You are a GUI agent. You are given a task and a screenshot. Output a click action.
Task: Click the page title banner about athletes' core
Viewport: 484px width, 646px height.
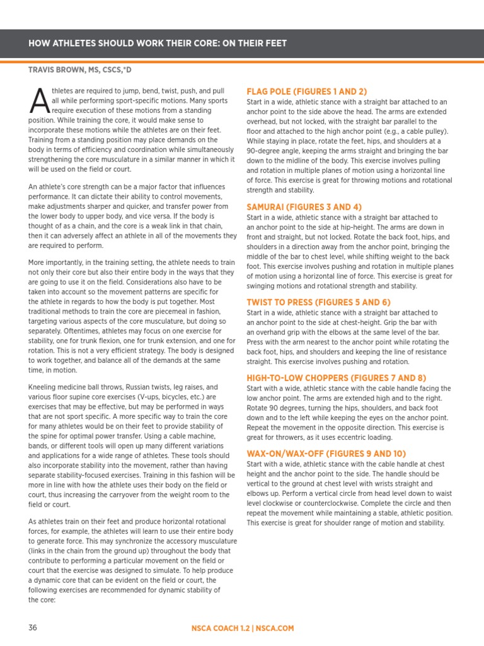158,44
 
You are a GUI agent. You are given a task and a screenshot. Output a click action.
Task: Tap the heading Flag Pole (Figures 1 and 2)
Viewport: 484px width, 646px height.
306,91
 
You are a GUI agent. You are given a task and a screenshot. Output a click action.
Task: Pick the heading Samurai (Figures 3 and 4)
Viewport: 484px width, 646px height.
304,207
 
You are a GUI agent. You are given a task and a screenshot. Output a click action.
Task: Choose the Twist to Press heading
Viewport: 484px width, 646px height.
318,302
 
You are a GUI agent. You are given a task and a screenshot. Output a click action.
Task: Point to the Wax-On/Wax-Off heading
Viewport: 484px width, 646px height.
326,454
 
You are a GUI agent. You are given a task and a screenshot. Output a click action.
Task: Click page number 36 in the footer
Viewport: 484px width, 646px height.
33,628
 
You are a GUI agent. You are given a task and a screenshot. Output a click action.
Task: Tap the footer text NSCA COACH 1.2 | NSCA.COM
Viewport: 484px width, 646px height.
243,628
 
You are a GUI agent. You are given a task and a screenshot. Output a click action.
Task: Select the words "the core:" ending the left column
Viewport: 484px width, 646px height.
42,600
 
